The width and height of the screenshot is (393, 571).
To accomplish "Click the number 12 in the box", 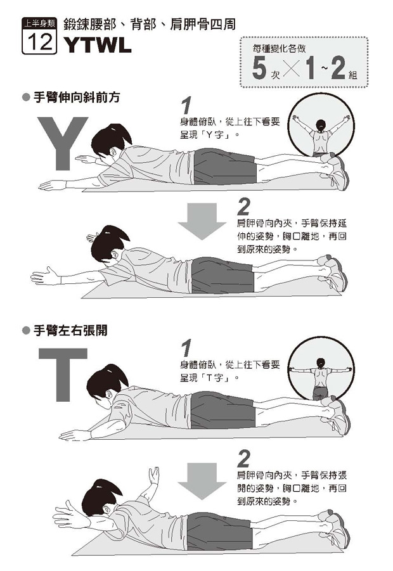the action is click(x=39, y=41).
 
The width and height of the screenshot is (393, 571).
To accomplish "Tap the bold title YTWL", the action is click(x=98, y=45).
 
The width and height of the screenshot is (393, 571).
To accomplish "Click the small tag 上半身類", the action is click(x=39, y=23).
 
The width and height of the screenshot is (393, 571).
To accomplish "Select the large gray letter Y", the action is click(x=62, y=143).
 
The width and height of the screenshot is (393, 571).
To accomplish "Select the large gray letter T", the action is click(x=63, y=375).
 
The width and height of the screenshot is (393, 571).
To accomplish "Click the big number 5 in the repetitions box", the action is click(x=259, y=68).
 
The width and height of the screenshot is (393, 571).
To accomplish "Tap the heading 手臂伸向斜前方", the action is click(x=77, y=98).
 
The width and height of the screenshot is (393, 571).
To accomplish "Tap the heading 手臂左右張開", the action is click(x=70, y=331).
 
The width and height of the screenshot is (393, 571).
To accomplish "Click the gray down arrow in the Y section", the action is click(x=202, y=221).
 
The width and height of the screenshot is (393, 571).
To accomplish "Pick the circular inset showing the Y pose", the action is click(x=321, y=125).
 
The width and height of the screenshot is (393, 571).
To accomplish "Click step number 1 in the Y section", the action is click(x=186, y=106).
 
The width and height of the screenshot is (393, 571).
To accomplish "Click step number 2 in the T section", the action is click(x=243, y=459).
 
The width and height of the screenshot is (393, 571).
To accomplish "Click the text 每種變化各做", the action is click(x=279, y=48).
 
